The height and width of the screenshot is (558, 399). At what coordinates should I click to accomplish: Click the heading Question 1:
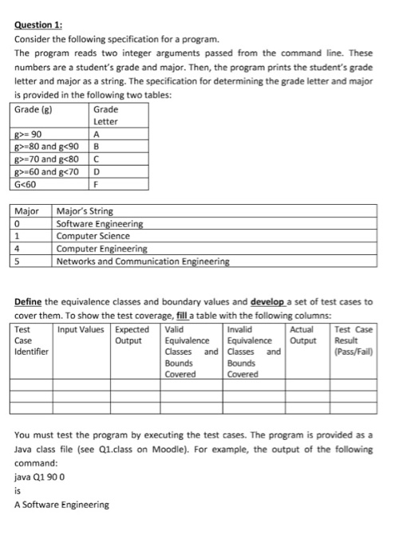[x=39, y=25]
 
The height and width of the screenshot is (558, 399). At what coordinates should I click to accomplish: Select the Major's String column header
[x=85, y=211]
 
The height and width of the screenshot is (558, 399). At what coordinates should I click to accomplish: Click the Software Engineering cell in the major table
[x=100, y=224]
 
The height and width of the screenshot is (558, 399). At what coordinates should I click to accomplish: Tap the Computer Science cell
[x=93, y=236]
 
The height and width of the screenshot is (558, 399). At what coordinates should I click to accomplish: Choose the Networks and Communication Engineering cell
[x=143, y=261]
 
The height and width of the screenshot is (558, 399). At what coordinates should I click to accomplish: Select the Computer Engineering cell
[x=101, y=249]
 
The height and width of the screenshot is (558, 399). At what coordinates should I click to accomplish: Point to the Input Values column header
[x=83, y=328]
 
